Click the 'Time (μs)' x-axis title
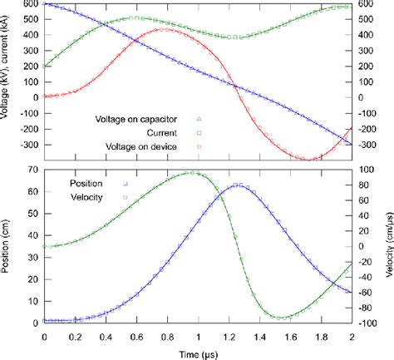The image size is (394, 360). point(197,353)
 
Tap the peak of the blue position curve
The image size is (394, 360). point(239,185)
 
